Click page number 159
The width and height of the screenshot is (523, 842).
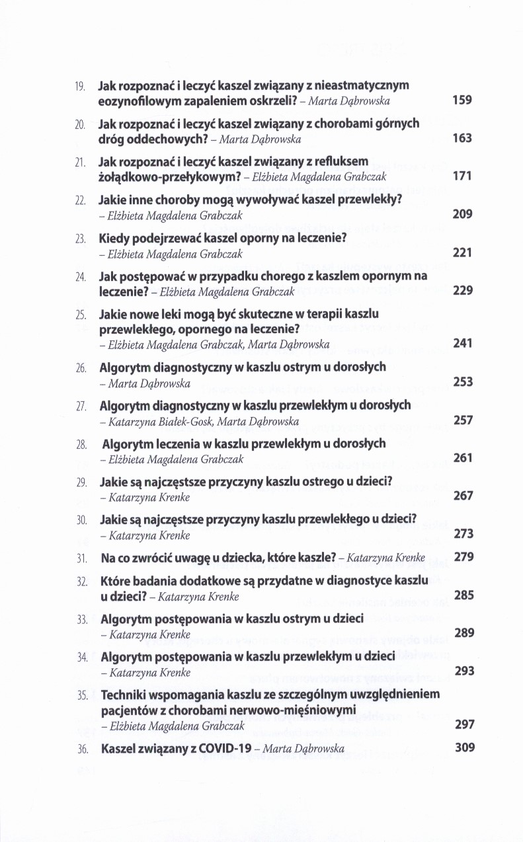462,100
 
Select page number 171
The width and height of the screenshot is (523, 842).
462,176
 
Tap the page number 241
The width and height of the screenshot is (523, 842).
462,344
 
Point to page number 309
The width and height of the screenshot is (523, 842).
465,748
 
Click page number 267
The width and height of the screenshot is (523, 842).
463,496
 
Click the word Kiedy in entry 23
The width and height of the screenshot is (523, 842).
114,238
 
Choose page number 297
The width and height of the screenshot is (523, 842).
465,724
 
